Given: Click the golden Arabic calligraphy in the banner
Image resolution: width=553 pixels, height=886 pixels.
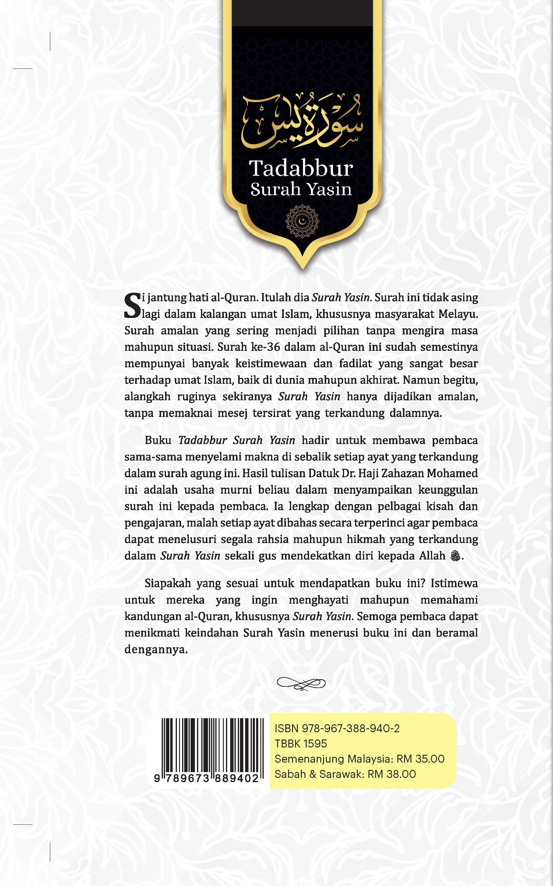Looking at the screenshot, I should (x=302, y=121).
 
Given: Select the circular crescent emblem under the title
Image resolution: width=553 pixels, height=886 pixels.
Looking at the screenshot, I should (x=302, y=221).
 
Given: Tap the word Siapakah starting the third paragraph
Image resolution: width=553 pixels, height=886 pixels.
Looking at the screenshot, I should (x=167, y=583).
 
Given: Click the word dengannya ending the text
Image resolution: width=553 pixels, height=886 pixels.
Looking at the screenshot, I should (x=156, y=649).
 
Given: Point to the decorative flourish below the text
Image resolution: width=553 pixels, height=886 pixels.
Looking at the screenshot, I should (x=301, y=683).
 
